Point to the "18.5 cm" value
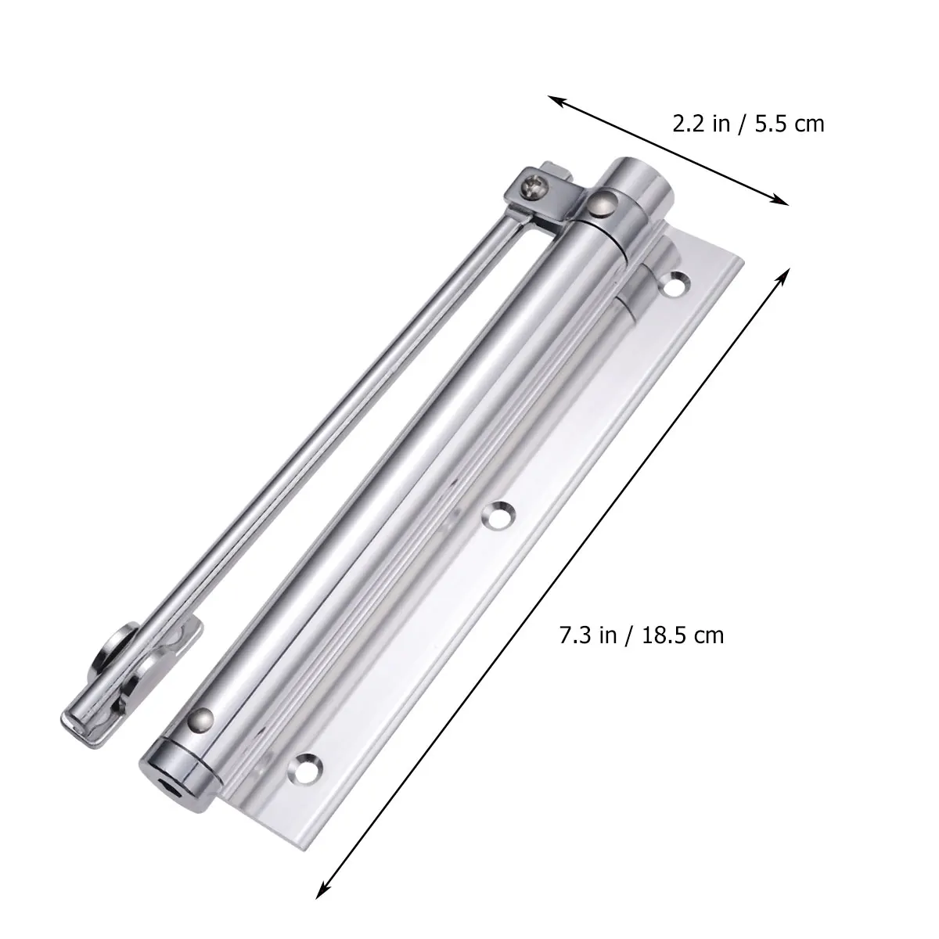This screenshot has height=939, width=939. [x=682, y=635]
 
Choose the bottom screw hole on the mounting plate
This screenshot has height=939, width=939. [x=307, y=765]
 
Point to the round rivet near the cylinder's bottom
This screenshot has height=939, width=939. [x=203, y=718]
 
